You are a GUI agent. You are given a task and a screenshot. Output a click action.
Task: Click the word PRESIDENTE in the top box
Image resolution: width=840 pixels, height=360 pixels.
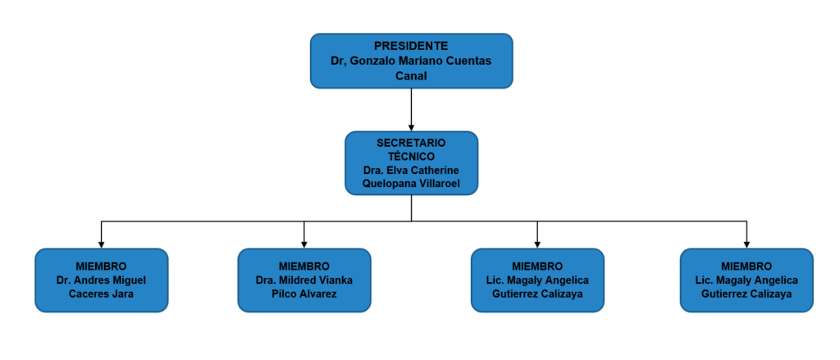click(411, 46)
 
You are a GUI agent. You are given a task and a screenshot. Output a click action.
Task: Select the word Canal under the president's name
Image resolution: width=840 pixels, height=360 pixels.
click(411, 76)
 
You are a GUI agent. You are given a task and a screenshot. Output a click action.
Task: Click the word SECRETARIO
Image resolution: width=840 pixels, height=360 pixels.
click(411, 144)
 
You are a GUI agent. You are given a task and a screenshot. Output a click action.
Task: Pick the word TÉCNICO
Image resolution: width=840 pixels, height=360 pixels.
click(411, 157)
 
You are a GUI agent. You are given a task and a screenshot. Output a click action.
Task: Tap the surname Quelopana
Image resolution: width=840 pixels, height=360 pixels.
click(386, 185)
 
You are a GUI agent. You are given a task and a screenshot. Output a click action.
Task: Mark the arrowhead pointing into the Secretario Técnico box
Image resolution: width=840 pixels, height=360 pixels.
click(411, 127)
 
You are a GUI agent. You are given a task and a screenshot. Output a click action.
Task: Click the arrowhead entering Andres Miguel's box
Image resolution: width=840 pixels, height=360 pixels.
click(101, 244)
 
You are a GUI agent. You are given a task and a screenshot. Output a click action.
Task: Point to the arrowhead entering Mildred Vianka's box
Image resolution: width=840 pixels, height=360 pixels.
click(304, 244)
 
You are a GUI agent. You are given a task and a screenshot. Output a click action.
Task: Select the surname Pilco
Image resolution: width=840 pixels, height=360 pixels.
click(285, 294)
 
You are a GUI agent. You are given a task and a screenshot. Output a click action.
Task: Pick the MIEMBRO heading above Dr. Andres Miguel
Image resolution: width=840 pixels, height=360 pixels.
click(101, 267)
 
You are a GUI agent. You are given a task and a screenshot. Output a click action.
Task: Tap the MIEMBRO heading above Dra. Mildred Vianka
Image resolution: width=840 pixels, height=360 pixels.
click(304, 267)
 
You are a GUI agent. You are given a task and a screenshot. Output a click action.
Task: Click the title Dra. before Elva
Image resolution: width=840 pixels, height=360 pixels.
click(373, 171)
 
